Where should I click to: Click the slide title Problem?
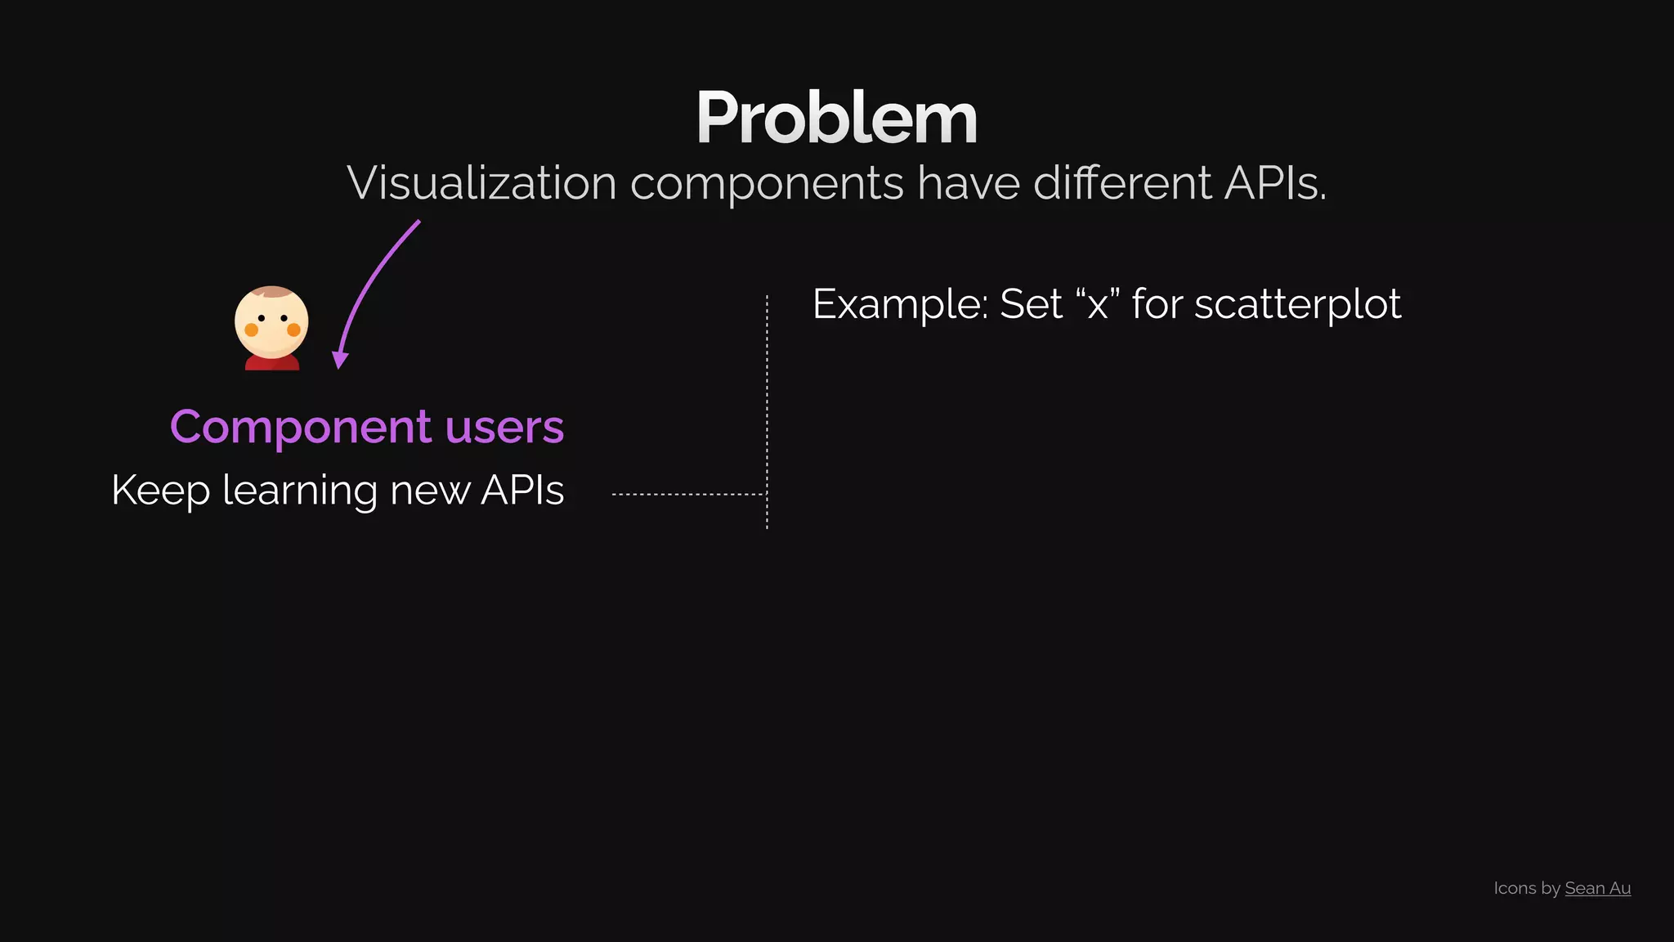836,119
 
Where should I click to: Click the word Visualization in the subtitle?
481,182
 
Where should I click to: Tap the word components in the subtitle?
767,184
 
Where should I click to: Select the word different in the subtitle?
1122,182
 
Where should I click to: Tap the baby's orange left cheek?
252,330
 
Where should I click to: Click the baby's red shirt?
271,362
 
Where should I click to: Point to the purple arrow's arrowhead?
340,360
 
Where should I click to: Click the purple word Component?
300,428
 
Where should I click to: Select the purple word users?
504,428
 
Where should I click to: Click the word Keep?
160,491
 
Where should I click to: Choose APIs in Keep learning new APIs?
522,491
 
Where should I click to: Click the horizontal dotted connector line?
687,495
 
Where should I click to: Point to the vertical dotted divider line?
767,409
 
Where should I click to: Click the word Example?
900,304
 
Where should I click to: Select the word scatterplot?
1297,305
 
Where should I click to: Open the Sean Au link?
1597,888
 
